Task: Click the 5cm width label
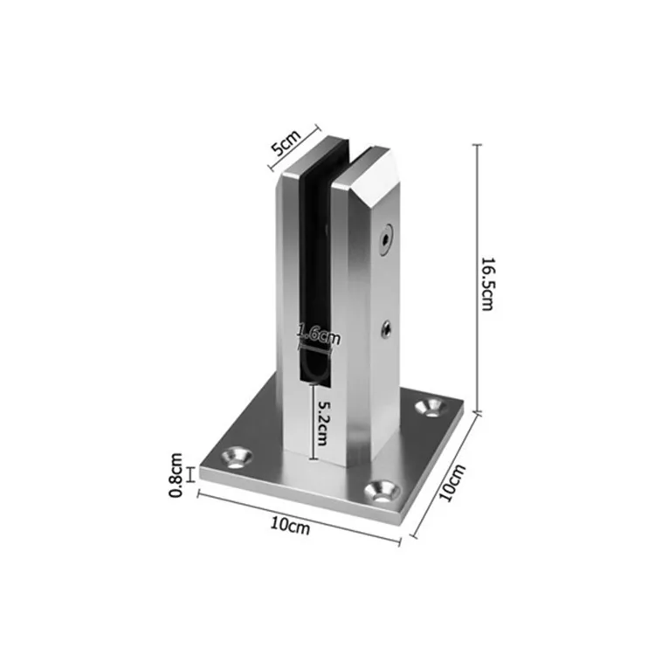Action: [x=286, y=141]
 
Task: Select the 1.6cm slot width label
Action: [x=318, y=332]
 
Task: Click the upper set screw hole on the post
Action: [x=385, y=238]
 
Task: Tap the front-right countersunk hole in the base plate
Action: [x=379, y=491]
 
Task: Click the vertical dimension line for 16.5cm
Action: [x=476, y=278]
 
